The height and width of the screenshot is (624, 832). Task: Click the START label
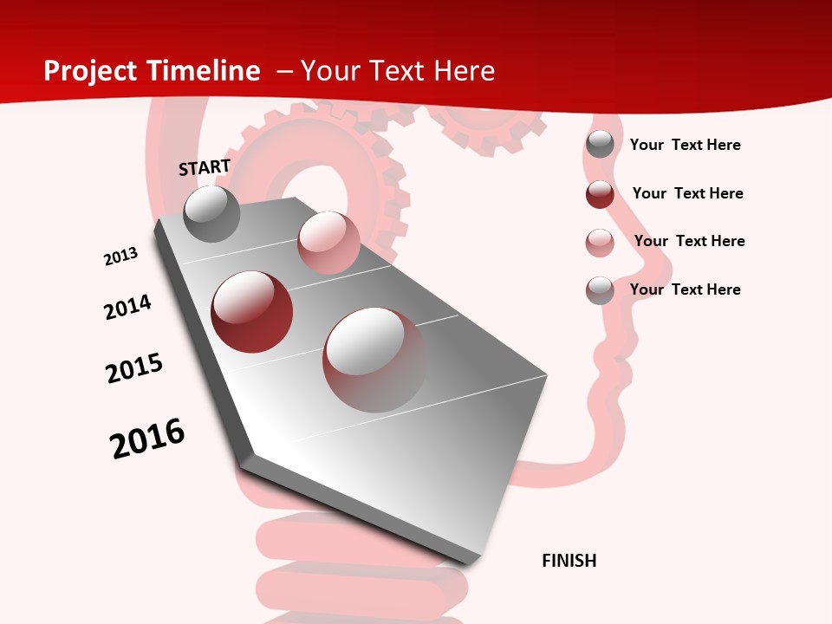pos(205,167)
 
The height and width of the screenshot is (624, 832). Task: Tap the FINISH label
pos(569,561)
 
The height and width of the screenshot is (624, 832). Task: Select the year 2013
pos(121,257)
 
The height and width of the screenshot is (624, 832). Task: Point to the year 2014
pos(128,307)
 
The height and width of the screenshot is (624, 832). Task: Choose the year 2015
pos(134,367)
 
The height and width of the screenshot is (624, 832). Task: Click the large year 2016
pos(147,438)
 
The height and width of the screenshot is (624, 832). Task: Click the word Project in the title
pos(90,71)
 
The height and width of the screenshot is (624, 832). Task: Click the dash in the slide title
pos(284,71)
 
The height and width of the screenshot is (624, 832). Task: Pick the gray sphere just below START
pos(211,214)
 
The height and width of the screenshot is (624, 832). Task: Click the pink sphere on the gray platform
pos(328,243)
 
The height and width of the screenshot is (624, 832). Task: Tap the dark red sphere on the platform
pos(252,312)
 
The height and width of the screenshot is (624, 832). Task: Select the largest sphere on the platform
pos(374,360)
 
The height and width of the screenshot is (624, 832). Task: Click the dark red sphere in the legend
pos(600,194)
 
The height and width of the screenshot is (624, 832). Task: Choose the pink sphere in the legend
pos(600,243)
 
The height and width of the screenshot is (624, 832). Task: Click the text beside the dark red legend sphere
pos(687,193)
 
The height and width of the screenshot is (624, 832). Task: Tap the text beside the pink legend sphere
pos(689,241)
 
